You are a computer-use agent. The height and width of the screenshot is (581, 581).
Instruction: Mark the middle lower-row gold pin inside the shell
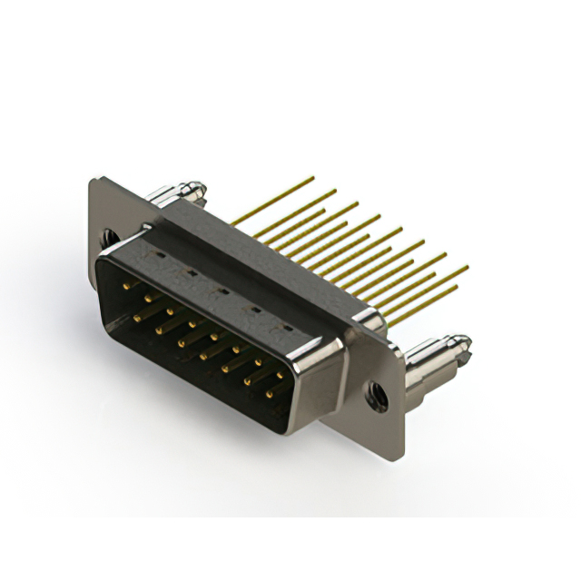click(x=202, y=355)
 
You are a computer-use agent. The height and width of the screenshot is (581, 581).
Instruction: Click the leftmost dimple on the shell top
click(x=158, y=257)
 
